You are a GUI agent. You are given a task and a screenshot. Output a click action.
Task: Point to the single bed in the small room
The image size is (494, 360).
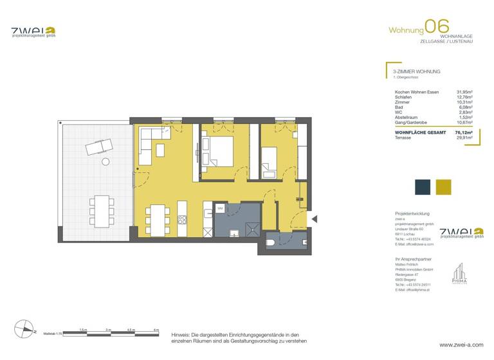[x=270, y=161]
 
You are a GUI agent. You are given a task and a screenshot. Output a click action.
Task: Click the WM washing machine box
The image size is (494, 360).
[x=220, y=209]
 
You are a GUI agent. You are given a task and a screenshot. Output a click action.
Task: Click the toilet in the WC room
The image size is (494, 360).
[x=272, y=240]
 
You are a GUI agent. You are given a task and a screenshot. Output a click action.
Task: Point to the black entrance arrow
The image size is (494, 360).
[x=315, y=219]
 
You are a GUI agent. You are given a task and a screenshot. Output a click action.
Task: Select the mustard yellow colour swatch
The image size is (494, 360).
[x=443, y=187]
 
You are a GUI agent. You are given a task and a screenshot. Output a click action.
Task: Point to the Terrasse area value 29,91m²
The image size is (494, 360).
[x=464, y=137]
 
